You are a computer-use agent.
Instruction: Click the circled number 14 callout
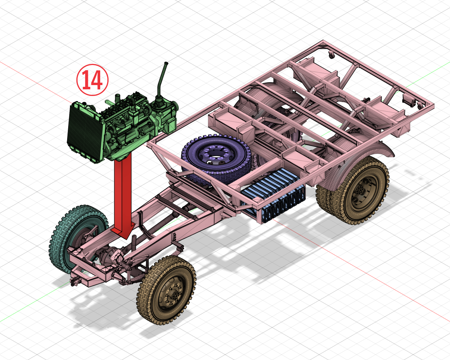(x=92, y=80)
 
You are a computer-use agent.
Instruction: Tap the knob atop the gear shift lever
(x=166, y=64)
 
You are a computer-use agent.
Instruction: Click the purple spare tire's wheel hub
(x=216, y=156)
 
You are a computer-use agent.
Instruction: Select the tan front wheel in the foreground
(x=167, y=289)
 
